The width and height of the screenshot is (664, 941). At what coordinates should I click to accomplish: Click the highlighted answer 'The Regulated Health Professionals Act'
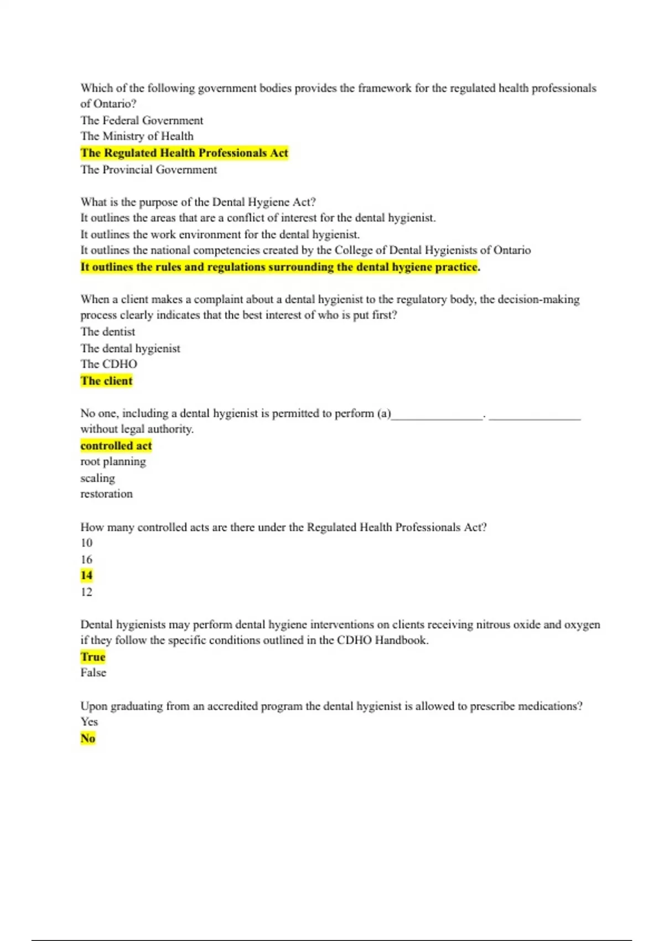pos(184,153)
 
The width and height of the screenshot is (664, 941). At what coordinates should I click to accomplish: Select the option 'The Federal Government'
pos(142,120)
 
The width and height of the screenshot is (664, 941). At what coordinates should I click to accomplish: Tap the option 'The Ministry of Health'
pos(137,136)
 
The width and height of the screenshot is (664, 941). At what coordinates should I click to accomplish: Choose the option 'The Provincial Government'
pos(148,169)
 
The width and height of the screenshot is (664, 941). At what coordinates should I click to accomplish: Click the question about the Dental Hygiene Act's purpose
pos(198,202)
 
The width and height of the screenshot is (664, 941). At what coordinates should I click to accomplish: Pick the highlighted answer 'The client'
pos(106,381)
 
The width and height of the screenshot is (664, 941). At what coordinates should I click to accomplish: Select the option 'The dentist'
pos(107,332)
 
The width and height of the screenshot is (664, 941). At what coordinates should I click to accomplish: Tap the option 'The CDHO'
pos(108,364)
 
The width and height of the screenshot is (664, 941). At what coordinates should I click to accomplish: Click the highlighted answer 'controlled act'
pos(116,446)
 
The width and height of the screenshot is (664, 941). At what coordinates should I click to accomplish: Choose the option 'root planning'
pos(113,462)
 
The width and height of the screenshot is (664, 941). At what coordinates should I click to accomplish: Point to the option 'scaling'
pos(97,478)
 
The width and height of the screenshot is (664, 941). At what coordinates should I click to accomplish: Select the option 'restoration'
pos(106,494)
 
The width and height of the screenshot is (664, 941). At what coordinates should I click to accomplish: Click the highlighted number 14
pos(86,576)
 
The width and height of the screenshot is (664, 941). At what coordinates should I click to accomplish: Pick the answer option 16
pos(86,559)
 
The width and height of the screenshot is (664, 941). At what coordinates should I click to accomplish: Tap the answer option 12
pos(86,592)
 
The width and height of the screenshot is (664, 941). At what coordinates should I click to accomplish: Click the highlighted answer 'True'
pos(92,657)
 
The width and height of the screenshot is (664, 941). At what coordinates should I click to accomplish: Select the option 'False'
pos(93,673)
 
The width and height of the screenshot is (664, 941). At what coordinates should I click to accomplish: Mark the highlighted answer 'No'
pos(87,738)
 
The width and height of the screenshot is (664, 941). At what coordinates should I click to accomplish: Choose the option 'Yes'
pos(89,722)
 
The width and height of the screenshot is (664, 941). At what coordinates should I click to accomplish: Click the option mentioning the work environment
pos(220,234)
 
